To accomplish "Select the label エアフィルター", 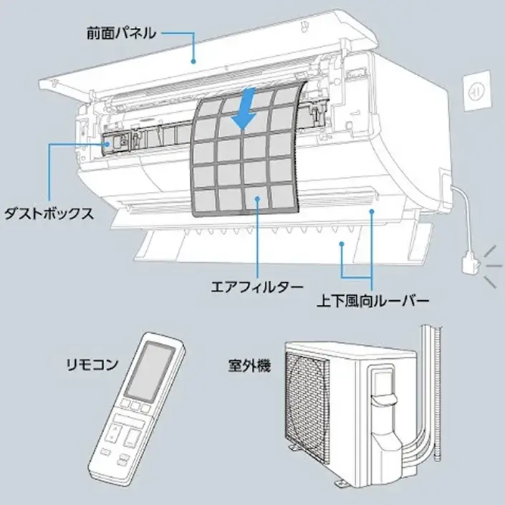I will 248,286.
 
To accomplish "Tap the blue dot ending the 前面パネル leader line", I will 193,62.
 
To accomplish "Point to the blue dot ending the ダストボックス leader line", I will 108,143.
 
